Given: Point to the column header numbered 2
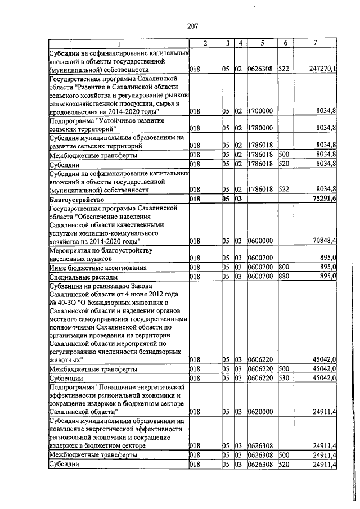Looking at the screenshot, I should [205, 43].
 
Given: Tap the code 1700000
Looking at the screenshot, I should [260, 111].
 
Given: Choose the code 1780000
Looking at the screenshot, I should [260, 128].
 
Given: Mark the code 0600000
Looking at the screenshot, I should [260, 241].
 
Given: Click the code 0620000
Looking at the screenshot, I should [260, 412].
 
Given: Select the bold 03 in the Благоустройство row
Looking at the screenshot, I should [238, 199].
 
